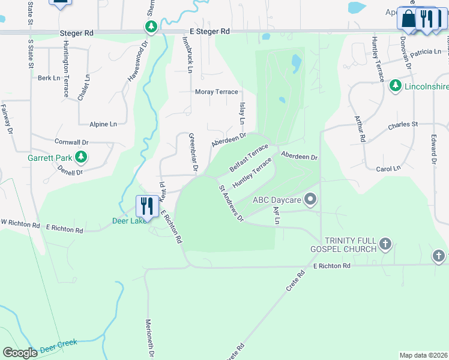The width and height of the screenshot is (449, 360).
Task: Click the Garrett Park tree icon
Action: tap(81, 158)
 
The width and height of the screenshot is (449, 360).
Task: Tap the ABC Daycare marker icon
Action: tap(310, 199)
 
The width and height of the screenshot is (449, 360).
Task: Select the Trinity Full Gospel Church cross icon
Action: tap(385, 244)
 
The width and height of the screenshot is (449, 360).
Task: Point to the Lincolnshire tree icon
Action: tap(395, 86)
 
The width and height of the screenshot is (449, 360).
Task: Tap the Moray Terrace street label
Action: tap(217, 92)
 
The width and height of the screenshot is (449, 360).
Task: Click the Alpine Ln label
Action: tap(103, 124)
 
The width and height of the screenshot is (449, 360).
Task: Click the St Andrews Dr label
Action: tap(231, 203)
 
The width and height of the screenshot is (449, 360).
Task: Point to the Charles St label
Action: tap(402, 125)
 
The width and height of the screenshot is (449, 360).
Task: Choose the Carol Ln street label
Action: tap(387, 169)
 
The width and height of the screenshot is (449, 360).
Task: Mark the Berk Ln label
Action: tap(49, 78)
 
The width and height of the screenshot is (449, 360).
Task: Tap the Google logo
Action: tap(20, 353)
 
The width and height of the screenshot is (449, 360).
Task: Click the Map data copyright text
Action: tap(423, 355)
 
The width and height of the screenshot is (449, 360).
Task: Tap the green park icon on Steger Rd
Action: tap(151, 27)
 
